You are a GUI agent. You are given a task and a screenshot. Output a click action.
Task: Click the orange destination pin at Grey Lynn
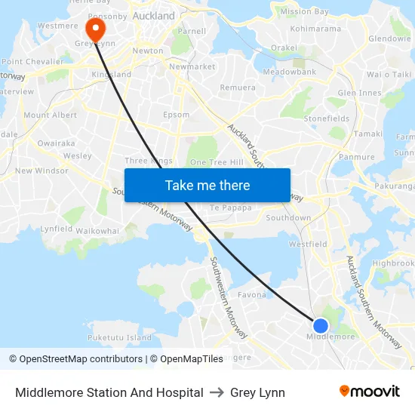pyautogui.click(x=96, y=29)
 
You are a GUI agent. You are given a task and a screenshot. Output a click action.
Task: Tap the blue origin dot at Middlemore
pyautogui.click(x=321, y=326)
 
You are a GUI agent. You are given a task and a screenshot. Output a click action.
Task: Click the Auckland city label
pyautogui.click(x=153, y=15)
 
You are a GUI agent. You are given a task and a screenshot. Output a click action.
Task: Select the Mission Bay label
pyautogui.click(x=304, y=11)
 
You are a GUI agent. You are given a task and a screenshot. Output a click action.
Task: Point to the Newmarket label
pyautogui.click(x=192, y=66)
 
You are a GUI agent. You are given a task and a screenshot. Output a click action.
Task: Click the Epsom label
pyautogui.click(x=176, y=115)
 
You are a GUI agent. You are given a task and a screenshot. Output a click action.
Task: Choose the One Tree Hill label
pyautogui.click(x=217, y=162)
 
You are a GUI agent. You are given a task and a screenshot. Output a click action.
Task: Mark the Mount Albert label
pyautogui.click(x=51, y=115)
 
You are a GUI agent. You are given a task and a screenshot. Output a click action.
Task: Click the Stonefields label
pyautogui.click(x=326, y=118)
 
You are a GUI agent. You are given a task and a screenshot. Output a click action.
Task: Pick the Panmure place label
pyautogui.click(x=357, y=157)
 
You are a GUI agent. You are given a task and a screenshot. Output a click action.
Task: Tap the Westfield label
pyautogui.click(x=308, y=244)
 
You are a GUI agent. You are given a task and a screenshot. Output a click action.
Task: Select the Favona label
pyautogui.click(x=251, y=294)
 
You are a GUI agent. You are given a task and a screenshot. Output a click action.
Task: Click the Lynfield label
pyautogui.click(x=57, y=228)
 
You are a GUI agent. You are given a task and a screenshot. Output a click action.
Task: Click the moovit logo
pyautogui.click(x=369, y=392)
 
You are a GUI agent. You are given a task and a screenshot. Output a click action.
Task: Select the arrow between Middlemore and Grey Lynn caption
pyautogui.click(x=217, y=392)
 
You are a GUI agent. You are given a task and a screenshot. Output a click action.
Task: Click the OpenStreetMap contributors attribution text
pyautogui.click(x=77, y=359)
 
